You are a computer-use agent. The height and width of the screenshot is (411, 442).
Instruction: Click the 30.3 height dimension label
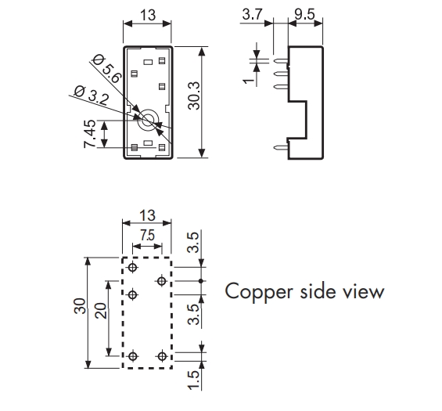pyautogui.click(x=194, y=96)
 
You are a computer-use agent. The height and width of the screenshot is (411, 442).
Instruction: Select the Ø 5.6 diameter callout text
pyautogui.click(x=107, y=69)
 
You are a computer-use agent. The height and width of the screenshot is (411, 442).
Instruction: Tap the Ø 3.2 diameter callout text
pyautogui.click(x=91, y=95)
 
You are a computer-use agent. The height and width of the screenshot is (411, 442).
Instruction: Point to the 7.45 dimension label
pyautogui.click(x=90, y=134)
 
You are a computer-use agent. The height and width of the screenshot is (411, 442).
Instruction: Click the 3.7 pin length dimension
pyautogui.click(x=252, y=14)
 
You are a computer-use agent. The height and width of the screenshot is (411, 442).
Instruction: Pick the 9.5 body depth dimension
pyautogui.click(x=305, y=14)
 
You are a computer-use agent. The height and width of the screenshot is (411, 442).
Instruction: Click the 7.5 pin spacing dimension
pyautogui.click(x=147, y=236)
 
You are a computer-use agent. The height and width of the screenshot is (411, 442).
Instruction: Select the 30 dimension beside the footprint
pyautogui.click(x=80, y=306)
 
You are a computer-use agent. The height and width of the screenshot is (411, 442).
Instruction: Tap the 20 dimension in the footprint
pyautogui.click(x=101, y=311)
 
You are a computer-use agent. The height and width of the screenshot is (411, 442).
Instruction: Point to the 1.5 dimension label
pyautogui.click(x=194, y=380)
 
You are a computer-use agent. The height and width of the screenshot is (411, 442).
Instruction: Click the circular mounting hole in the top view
pyautogui.click(x=148, y=121)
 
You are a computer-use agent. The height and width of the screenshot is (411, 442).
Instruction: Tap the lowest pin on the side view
pyautogui.click(x=281, y=146)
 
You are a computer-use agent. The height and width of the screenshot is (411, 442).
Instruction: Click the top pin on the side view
pyautogui.click(x=281, y=60)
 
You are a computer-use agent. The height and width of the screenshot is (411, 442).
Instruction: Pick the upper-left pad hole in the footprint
pyautogui.click(x=133, y=267)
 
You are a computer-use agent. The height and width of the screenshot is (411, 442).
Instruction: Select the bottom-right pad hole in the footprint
pyautogui.click(x=162, y=356)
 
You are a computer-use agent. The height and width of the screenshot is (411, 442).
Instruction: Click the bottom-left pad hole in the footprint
pyautogui.click(x=133, y=356)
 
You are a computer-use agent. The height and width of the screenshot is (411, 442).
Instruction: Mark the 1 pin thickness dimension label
pyautogui.click(x=248, y=81)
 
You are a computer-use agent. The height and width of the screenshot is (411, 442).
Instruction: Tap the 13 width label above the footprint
pyautogui.click(x=147, y=215)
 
